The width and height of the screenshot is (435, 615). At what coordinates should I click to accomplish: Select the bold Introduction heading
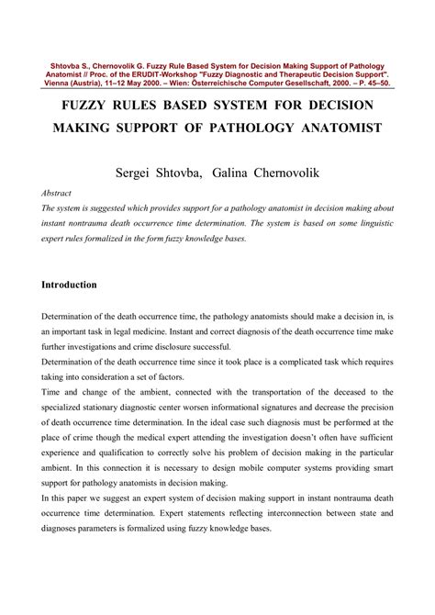70,285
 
